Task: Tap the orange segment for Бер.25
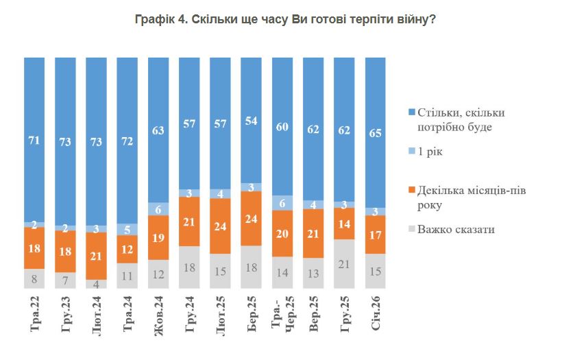pos(252,218)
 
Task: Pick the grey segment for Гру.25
pos(344,263)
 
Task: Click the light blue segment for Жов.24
pos(158,209)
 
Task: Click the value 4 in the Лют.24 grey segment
pos(97,284)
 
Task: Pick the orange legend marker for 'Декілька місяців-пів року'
pos(411,189)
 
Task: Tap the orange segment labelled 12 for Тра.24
pos(127,249)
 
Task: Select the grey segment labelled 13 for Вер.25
pos(313,273)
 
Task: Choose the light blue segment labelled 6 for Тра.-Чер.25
pos(282,203)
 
